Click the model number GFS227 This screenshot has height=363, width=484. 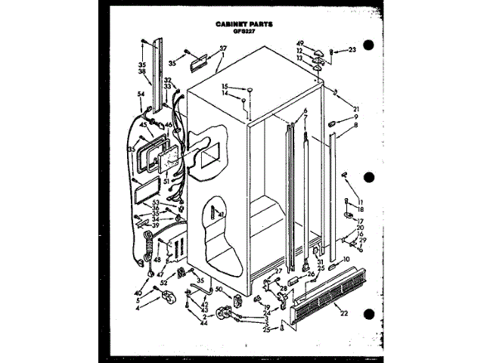[x=239, y=32]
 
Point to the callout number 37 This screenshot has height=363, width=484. [x=223, y=48]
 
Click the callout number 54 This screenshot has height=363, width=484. [x=141, y=94]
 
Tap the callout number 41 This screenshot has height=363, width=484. [x=222, y=216]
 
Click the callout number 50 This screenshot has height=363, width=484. [x=219, y=290]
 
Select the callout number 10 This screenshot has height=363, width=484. [x=347, y=259]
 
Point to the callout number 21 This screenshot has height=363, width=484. [x=346, y=108]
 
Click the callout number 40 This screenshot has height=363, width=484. [x=138, y=293]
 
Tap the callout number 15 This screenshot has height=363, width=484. [x=224, y=88]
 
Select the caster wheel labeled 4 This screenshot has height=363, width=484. [x=179, y=293]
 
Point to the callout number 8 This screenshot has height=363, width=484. [x=355, y=126]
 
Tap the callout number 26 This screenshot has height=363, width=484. [x=310, y=274]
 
